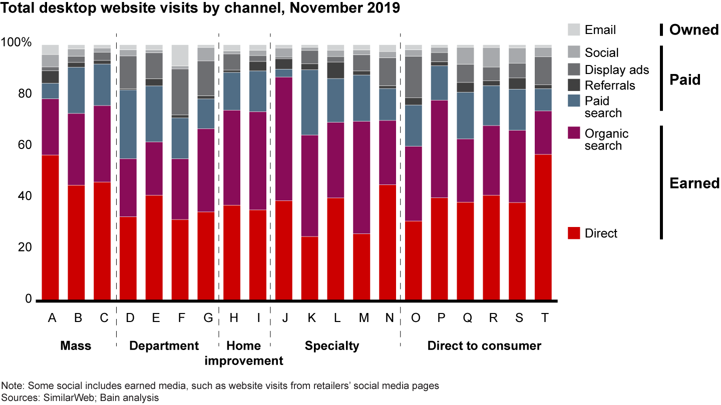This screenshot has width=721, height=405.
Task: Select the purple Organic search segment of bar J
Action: [284, 139]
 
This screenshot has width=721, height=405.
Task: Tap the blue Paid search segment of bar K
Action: [310, 102]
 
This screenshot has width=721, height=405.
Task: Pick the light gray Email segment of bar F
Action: [180, 55]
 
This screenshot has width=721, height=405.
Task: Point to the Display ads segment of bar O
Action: [414, 76]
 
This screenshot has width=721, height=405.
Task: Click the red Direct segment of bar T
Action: [543, 227]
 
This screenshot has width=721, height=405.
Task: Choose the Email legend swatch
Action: [574, 29]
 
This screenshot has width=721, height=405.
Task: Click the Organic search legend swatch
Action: [574, 133]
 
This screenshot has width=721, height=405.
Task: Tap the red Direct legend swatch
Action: [574, 233]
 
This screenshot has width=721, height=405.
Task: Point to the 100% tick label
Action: [17, 43]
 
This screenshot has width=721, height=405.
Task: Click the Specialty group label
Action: [332, 345]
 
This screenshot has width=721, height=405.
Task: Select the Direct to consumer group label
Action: [484, 345]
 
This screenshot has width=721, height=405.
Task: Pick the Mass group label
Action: [76, 345]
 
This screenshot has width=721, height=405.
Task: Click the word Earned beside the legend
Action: [694, 183]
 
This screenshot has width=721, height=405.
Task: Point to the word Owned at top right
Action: [694, 30]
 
